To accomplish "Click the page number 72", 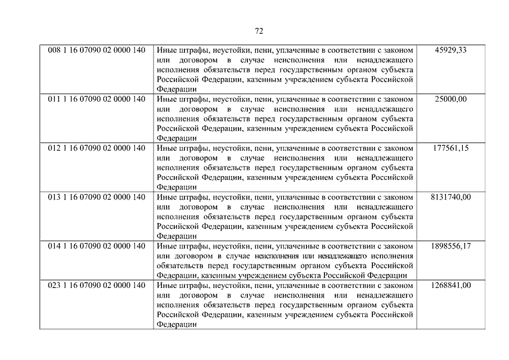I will (x=259, y=30).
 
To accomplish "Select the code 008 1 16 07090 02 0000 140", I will (x=97, y=50).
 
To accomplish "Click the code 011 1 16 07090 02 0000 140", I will (x=97, y=99).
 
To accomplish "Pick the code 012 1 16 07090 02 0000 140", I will (x=97, y=148).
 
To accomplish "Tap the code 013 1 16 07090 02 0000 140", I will (x=97, y=197).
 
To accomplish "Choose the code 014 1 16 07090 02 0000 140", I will (x=97, y=246).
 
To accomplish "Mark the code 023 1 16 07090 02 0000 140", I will (x=97, y=285).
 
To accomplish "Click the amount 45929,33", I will (x=451, y=50).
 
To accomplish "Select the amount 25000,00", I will (x=451, y=99).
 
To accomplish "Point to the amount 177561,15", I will (x=451, y=148).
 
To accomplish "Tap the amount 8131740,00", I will (x=451, y=197).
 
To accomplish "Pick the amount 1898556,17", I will (x=451, y=246).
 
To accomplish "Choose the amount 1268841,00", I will (x=451, y=285).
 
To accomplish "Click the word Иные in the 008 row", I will (x=166, y=50).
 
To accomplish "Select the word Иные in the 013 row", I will (x=166, y=197).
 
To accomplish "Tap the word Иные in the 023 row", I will (x=166, y=285).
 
